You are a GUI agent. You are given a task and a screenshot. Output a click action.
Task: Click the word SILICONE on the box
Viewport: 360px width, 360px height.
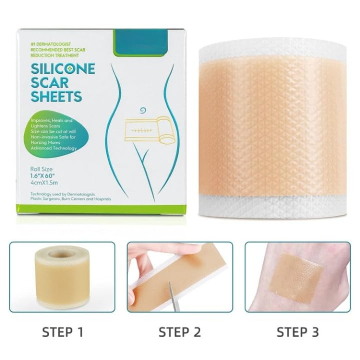tap(63, 69)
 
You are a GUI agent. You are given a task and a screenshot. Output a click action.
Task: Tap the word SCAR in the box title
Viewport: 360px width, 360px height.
tap(50, 83)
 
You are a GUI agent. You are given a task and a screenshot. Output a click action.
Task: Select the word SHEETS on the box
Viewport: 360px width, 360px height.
tap(56, 96)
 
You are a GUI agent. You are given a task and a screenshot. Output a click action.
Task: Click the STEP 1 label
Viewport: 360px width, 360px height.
tap(63, 332)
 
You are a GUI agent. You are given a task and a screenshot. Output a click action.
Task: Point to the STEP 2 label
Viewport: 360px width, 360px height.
tap(180, 332)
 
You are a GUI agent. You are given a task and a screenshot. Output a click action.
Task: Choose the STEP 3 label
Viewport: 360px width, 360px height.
tap(298, 332)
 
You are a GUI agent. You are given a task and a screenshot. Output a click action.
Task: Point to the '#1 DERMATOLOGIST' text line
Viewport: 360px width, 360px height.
tap(51, 44)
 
